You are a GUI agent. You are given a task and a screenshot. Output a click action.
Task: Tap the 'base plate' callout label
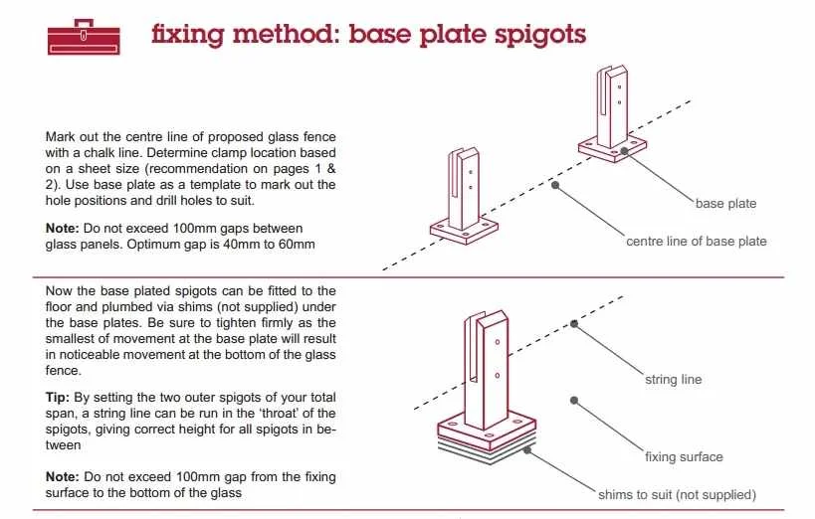pyautogui.click(x=725, y=204)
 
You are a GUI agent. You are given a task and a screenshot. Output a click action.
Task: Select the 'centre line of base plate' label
pyautogui.click(x=696, y=242)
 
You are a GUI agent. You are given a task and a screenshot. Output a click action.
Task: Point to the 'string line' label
pyautogui.click(x=674, y=380)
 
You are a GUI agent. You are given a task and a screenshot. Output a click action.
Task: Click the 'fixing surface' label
pyautogui.click(x=684, y=457)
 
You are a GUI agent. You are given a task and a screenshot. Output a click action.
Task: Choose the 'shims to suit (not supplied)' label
pyautogui.click(x=677, y=494)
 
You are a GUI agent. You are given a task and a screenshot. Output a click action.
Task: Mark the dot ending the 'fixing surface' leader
pyautogui.click(x=574, y=399)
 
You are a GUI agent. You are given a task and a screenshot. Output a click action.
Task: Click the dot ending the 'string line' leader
pyautogui.click(x=574, y=323)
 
